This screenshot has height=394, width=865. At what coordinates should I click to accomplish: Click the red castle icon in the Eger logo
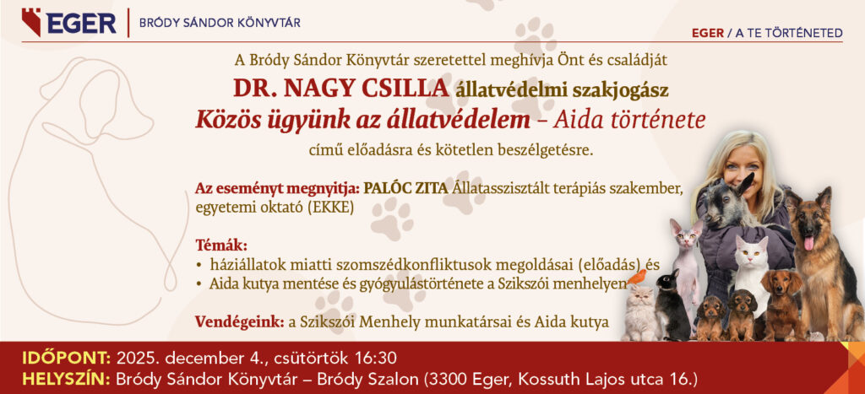(x=31, y=22)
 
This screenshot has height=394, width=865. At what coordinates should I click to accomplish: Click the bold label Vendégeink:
(x=239, y=321)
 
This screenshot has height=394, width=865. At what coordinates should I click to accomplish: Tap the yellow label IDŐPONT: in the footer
(x=67, y=359)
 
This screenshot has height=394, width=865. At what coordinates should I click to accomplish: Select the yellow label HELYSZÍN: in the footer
(x=67, y=380)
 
